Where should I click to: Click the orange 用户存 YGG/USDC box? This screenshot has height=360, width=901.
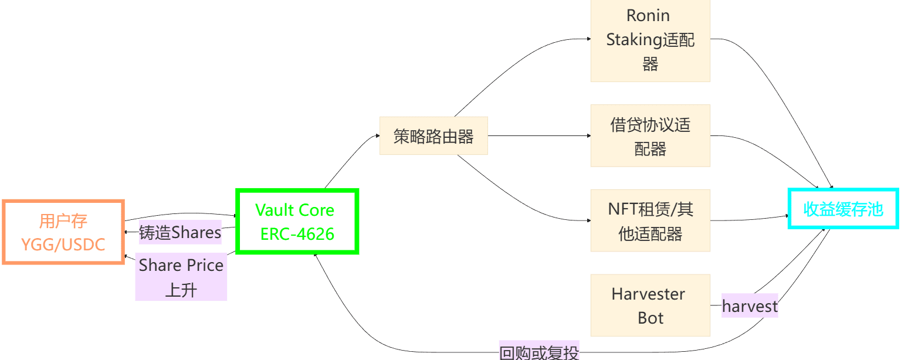[x=63, y=232]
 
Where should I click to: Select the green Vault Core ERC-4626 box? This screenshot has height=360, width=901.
[x=297, y=221]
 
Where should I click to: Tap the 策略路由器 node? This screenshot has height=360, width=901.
[x=433, y=136]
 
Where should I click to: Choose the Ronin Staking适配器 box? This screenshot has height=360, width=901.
[x=650, y=40]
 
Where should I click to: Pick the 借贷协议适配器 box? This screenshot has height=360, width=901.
[x=650, y=135]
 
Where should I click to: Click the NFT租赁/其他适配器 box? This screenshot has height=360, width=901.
[x=650, y=220]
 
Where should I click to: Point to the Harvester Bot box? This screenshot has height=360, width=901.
[x=650, y=305]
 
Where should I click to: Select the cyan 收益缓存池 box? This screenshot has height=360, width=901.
[x=844, y=209]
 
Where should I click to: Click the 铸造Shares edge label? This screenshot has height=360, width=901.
[x=180, y=233]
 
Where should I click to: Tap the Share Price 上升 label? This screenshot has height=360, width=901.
[x=181, y=277]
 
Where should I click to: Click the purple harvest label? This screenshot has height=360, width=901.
[x=750, y=305]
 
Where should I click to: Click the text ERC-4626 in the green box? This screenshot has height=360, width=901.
[x=297, y=234]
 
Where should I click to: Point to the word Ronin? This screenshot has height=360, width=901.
[x=648, y=15]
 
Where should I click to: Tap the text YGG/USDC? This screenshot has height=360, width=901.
[x=63, y=244]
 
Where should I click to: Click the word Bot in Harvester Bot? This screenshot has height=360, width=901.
[x=651, y=318]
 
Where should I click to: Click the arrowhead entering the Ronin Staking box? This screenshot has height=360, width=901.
[x=588, y=39]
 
